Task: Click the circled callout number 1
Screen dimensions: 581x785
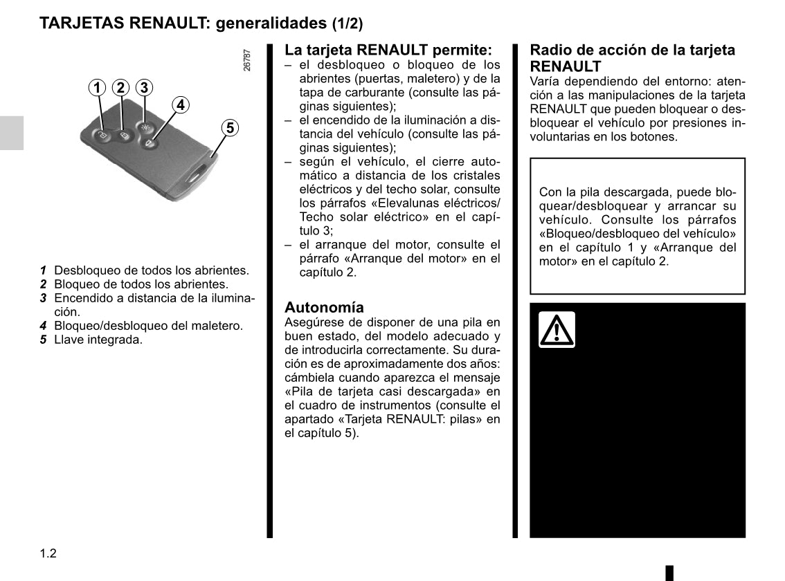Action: [98, 88]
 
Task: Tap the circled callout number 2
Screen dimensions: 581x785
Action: [120, 88]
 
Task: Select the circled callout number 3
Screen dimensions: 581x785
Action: [143, 88]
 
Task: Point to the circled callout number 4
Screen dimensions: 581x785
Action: [180, 105]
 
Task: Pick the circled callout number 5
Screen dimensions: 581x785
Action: [230, 128]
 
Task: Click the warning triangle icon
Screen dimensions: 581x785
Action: [557, 330]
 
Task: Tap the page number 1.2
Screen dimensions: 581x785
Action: [48, 553]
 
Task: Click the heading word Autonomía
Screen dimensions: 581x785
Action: [324, 307]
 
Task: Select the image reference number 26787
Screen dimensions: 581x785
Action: [247, 60]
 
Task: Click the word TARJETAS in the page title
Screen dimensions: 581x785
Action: [80, 23]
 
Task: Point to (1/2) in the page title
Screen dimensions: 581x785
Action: [347, 24]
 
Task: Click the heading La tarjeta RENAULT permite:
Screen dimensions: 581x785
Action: [388, 50]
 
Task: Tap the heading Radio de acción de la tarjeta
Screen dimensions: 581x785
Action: [632, 50]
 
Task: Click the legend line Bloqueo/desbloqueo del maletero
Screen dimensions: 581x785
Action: [148, 326]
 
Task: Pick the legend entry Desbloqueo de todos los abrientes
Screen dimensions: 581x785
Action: [151, 270]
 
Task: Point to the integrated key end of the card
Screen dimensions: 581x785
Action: [201, 173]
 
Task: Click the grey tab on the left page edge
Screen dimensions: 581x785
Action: [12, 132]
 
